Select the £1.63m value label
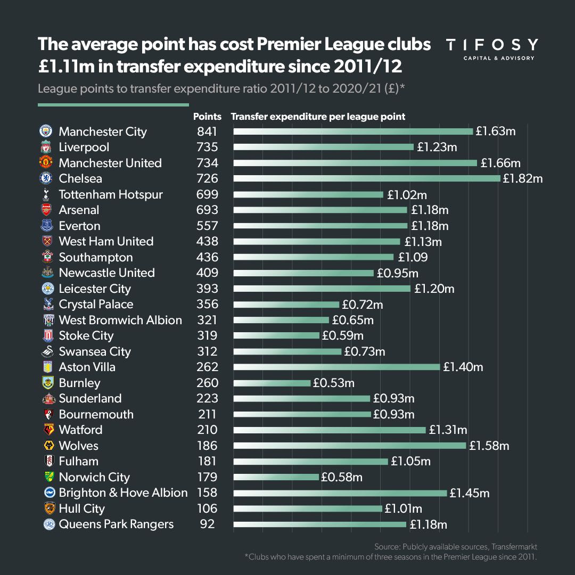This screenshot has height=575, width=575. (x=495, y=132)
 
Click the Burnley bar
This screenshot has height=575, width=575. (x=272, y=383)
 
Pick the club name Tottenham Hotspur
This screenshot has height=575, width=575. (x=111, y=194)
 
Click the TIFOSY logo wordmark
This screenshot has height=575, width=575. (x=491, y=45)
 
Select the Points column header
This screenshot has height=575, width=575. (x=207, y=116)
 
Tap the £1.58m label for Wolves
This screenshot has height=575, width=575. (x=489, y=446)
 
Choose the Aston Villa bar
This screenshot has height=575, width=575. (x=336, y=367)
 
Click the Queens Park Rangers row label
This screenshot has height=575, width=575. (x=116, y=524)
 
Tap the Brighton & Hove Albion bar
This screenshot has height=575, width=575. (x=340, y=493)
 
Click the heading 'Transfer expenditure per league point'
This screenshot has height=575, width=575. (x=318, y=116)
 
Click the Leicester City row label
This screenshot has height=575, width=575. (x=95, y=289)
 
